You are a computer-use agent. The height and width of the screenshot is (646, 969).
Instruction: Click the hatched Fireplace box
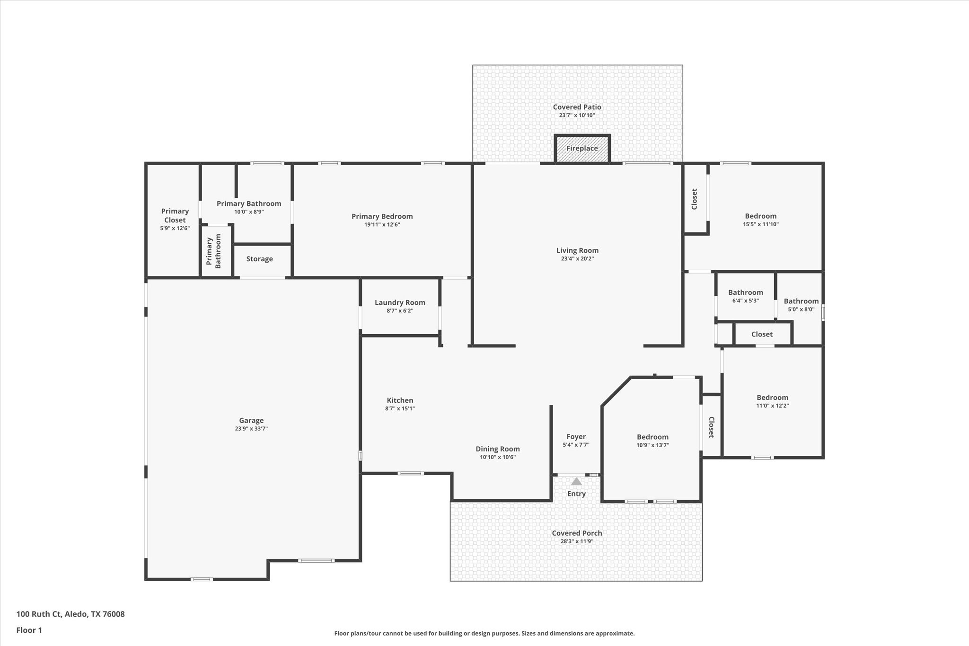[x=582, y=149]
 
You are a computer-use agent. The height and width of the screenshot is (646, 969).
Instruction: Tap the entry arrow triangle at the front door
[x=576, y=481]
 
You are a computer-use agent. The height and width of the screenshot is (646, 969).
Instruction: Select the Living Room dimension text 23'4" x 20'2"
[x=577, y=259]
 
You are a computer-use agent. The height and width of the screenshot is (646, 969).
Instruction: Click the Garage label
[x=251, y=420]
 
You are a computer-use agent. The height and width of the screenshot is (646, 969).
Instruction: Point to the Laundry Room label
[x=400, y=302]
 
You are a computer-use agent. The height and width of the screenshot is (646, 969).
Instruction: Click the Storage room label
[x=259, y=259]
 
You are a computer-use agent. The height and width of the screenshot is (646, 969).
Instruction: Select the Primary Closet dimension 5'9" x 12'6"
[x=175, y=228]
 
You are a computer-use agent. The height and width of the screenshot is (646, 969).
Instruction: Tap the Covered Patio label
[x=577, y=107]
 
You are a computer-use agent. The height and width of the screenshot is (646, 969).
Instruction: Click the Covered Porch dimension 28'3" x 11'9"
[x=577, y=541]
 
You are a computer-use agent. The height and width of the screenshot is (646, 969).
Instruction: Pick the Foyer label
[x=576, y=437]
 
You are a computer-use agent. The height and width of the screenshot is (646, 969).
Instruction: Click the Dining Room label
[x=497, y=449]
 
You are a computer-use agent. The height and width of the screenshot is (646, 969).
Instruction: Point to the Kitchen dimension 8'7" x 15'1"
[x=400, y=408]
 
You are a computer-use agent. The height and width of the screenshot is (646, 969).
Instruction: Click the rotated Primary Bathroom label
[x=213, y=251]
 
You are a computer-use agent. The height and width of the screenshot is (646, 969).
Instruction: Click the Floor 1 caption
[x=29, y=630]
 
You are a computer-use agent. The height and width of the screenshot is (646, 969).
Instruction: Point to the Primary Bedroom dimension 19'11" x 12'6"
[x=382, y=224]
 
